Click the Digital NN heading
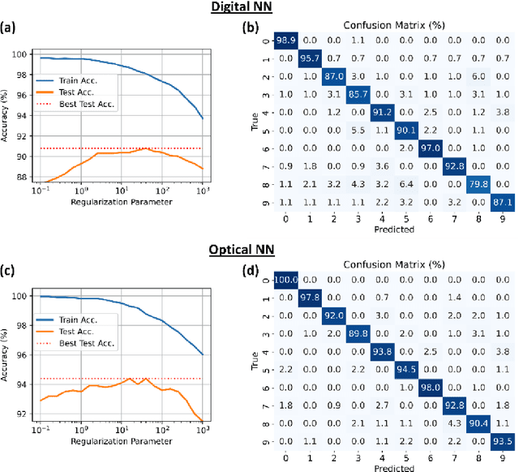pos(259,7)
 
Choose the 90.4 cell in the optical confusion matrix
pos(479,423)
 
